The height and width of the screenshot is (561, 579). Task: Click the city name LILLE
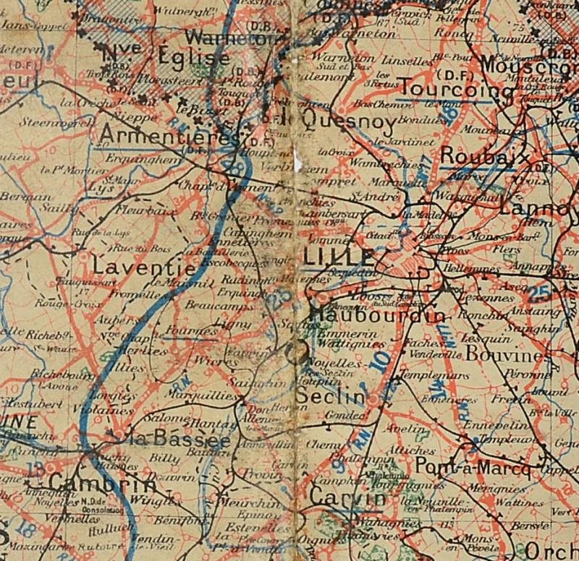pos(339,257)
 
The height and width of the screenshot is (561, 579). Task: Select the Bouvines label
pos(503,356)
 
